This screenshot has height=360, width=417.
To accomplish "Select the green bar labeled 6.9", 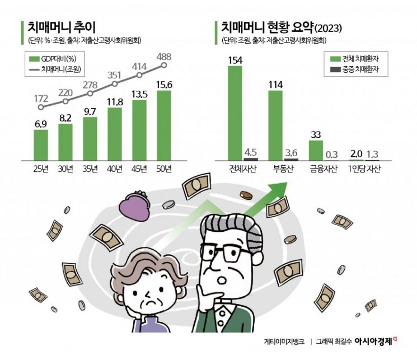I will point(41,144).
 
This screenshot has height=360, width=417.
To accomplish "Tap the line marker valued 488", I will point(164,65).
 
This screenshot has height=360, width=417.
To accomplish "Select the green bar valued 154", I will point(235,113).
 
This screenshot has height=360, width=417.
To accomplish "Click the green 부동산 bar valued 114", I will point(276,124).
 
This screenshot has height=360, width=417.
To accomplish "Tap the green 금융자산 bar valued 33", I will point(316,149).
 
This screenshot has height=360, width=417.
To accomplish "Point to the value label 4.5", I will point(251,151).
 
